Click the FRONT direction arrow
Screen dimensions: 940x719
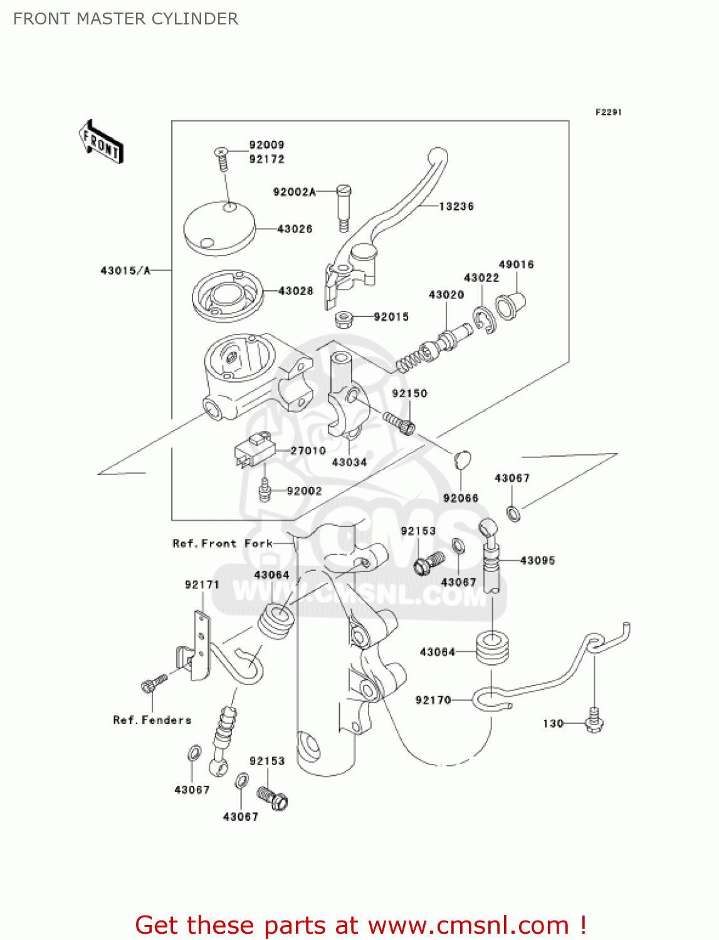101,142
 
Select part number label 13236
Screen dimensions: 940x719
456,206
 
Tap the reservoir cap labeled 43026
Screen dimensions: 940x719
219,228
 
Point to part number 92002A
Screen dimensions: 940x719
294,192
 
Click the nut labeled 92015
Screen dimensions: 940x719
343,319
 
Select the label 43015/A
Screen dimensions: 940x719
125,271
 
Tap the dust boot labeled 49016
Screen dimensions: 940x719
510,305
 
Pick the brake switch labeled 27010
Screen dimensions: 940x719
255,450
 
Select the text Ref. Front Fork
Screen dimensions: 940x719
223,543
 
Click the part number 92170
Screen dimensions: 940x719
433,700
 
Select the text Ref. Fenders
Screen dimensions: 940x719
152,720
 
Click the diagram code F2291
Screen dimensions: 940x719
608,112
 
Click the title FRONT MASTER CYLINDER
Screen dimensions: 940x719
125,19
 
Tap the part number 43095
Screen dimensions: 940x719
537,560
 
